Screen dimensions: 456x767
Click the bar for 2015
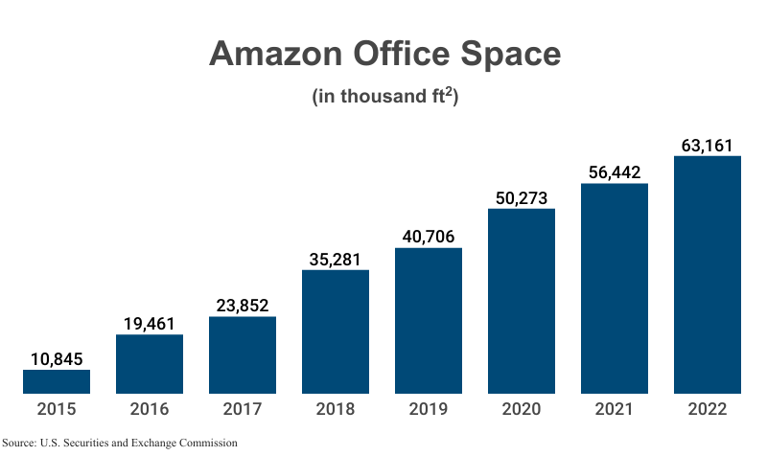[57, 381]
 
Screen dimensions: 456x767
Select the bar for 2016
[150, 364]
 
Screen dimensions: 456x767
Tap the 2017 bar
[243, 354]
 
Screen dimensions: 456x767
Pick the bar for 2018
[336, 331]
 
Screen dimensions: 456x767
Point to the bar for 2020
[522, 301]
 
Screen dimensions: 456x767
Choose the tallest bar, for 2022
[708, 275]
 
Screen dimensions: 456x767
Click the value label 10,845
[57, 358]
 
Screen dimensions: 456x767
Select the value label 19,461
[150, 323]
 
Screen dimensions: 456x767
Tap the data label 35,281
[336, 259]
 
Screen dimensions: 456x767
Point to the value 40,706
[429, 237]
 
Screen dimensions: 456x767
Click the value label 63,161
[708, 145]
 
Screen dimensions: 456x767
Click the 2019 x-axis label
[429, 409]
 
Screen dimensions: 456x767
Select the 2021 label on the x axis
[615, 409]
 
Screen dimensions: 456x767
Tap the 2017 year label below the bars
[243, 409]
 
